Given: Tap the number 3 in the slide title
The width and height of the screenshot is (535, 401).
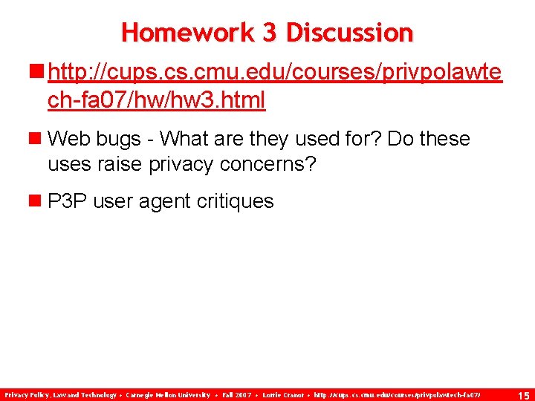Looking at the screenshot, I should coord(269,33).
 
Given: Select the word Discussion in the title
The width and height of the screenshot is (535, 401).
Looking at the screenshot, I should coord(349,33).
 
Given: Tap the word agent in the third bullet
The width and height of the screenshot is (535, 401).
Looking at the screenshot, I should coord(156,201).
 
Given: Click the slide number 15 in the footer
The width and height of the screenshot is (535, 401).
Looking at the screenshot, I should coord(523,395).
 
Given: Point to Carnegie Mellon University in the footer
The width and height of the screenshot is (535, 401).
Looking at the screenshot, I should coord(167,394).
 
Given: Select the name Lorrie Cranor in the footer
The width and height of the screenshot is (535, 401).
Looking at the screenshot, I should coord(284,394).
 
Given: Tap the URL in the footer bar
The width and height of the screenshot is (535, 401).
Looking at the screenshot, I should coord(398,394).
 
